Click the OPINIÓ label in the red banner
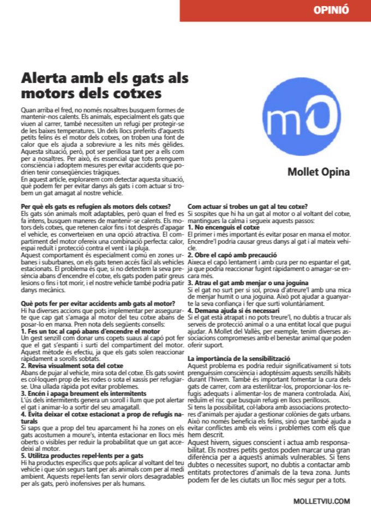(331, 10)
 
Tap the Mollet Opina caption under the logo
(319, 172)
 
